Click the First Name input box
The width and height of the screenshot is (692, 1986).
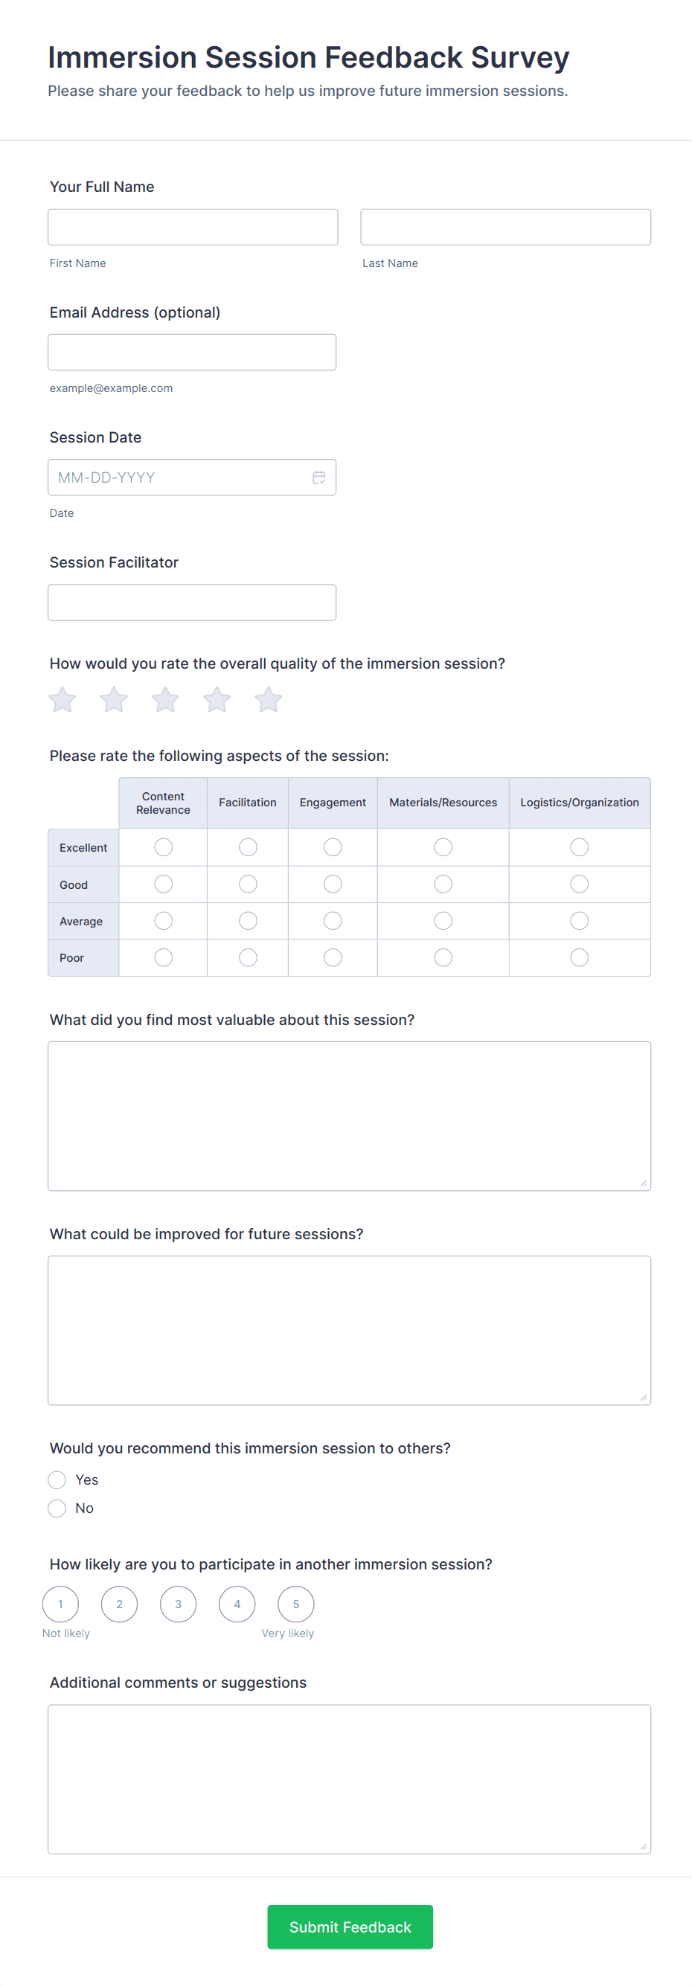(193, 228)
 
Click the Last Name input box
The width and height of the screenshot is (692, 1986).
(505, 228)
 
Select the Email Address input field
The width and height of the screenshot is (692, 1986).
(192, 353)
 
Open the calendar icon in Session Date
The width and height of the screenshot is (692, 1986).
(318, 478)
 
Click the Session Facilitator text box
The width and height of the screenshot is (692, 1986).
(192, 602)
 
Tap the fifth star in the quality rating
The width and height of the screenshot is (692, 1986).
(269, 700)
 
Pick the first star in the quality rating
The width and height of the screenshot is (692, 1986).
(63, 700)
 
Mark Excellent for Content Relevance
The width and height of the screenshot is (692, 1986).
(164, 847)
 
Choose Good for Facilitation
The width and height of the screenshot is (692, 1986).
(248, 884)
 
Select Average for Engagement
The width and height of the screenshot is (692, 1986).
(333, 921)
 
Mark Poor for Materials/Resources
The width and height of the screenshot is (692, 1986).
(443, 957)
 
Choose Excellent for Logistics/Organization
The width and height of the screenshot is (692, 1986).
(580, 847)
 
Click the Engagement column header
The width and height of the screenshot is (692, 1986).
(333, 803)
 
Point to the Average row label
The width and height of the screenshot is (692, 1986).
(81, 922)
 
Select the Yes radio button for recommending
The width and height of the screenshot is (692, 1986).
(57, 1479)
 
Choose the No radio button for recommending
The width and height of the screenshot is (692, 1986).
(57, 1508)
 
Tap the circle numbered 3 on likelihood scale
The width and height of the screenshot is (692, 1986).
(178, 1604)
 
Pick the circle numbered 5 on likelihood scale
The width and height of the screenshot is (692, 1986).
(295, 1604)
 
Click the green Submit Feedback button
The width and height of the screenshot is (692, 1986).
(350, 1926)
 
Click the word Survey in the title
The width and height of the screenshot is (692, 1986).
(519, 58)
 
